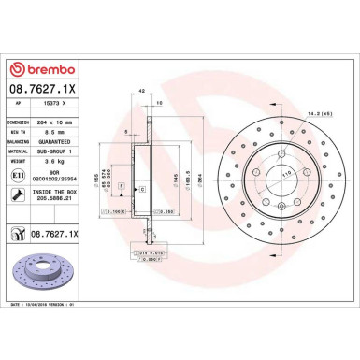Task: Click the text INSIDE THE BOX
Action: coord(64,191)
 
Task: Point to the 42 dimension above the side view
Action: coord(141,92)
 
